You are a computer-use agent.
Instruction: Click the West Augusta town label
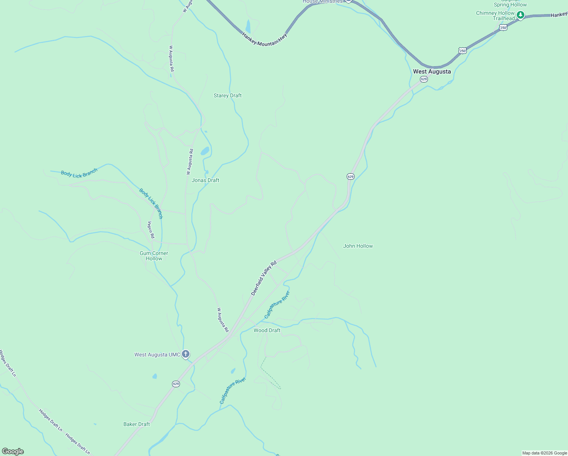tap(432, 71)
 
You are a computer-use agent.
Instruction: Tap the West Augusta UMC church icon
tap(186, 354)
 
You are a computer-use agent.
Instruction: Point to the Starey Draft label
tap(227, 95)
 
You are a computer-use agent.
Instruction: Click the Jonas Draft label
tap(205, 180)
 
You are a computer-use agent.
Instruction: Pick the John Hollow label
tap(358, 246)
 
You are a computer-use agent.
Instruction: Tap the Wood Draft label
tap(267, 330)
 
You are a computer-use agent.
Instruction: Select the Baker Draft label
tap(137, 424)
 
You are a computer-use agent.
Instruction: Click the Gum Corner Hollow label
tap(154, 256)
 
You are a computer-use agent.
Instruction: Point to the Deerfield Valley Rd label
tap(264, 278)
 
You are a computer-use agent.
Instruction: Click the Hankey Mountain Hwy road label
tap(265, 40)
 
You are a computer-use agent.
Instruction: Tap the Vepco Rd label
tap(151, 230)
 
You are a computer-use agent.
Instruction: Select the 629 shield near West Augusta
tap(424, 79)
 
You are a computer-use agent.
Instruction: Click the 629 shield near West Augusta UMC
tap(175, 384)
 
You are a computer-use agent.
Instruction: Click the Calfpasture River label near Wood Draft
tap(277, 305)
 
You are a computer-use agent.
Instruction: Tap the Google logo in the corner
tap(13, 451)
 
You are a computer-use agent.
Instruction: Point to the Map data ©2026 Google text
tap(544, 453)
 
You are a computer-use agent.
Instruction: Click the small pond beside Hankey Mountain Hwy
tap(248, 26)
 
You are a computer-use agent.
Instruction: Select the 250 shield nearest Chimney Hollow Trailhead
tap(503, 28)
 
